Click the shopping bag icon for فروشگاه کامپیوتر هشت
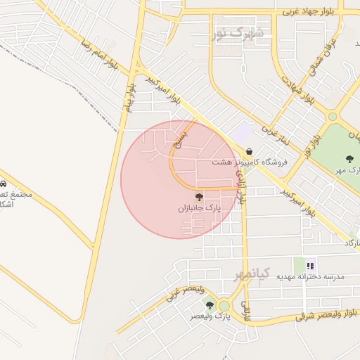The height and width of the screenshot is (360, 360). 249,150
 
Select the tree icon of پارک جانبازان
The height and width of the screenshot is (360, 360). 198,196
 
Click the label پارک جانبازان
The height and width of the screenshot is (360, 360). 198,209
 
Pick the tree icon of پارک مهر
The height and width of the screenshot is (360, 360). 349,159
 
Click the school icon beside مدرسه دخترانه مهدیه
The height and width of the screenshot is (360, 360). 310,265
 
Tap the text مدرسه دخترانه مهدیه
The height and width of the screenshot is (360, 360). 310,277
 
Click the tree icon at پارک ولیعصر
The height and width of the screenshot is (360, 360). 210,304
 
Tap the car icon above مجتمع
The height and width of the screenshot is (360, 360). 4,173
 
